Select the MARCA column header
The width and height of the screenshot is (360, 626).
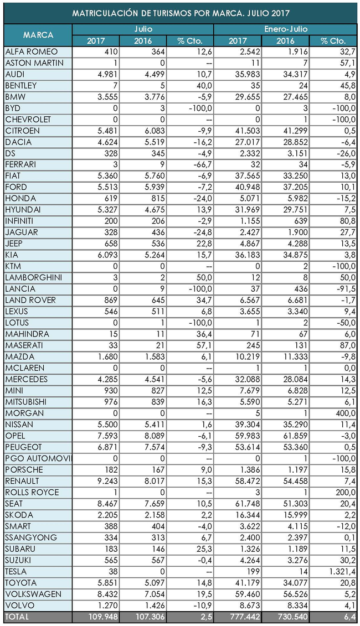tap(38, 35)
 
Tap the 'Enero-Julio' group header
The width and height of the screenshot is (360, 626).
tap(285, 29)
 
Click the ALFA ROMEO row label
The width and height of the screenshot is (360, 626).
tap(31, 51)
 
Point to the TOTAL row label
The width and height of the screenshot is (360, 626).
tap(17, 617)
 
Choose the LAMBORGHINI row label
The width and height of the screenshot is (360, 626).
tap(34, 277)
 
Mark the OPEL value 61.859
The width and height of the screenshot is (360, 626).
tap(286, 436)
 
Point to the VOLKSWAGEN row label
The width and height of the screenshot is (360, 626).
tap(33, 594)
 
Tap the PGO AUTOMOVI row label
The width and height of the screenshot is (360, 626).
tap(38, 458)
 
